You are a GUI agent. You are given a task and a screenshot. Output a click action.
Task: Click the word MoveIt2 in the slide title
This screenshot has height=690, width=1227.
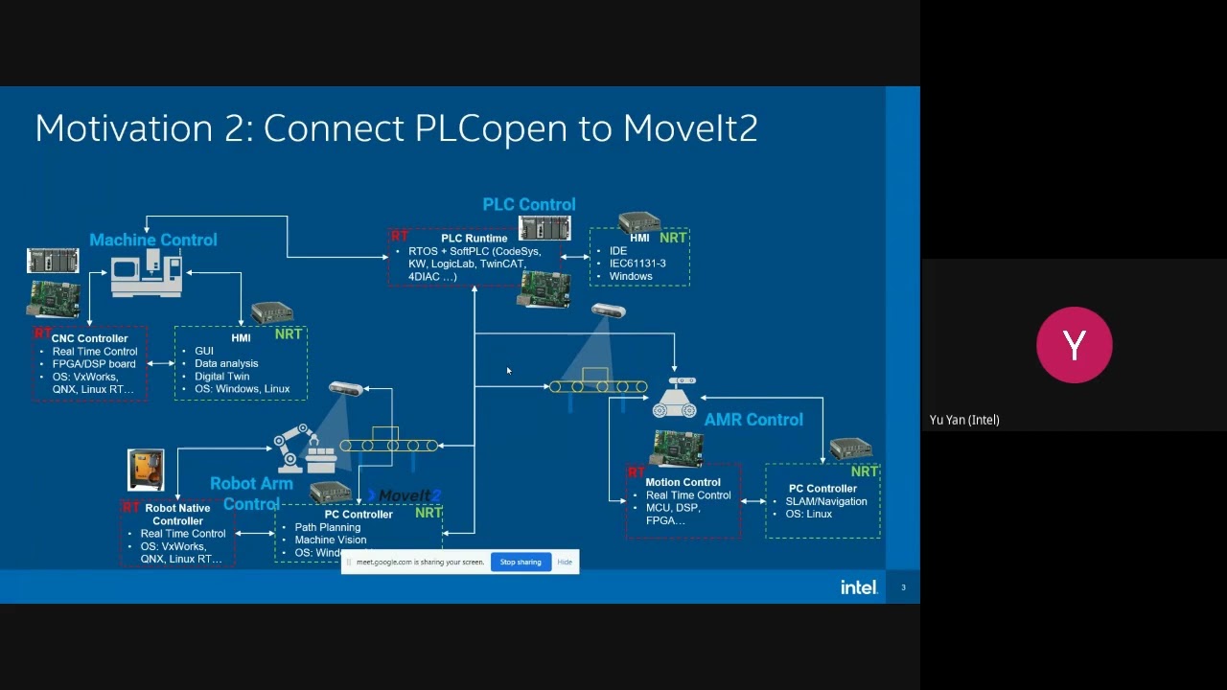tap(690, 128)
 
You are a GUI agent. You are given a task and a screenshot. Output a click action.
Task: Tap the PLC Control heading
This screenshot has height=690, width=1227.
tap(529, 204)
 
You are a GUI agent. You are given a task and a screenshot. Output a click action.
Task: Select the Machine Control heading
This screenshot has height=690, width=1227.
tap(153, 240)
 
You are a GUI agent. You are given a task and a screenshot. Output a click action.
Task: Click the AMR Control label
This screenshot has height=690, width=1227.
tap(753, 420)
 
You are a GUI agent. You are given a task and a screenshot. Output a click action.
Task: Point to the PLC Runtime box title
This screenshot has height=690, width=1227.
tap(474, 239)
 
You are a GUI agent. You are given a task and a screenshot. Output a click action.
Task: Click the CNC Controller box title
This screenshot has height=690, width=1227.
tap(89, 338)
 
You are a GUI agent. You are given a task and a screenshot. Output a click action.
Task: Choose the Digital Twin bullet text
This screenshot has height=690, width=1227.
tap(221, 377)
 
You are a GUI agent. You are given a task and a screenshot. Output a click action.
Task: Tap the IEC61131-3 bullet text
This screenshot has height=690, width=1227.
tap(637, 264)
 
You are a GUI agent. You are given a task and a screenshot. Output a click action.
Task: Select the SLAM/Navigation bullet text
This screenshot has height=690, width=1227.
tap(825, 501)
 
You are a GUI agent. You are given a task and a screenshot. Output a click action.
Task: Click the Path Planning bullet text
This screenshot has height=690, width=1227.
tap(327, 527)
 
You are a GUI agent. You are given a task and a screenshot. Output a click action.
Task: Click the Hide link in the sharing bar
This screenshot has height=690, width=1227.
tap(565, 563)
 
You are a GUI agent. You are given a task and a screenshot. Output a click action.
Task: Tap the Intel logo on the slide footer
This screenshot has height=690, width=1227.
tap(858, 587)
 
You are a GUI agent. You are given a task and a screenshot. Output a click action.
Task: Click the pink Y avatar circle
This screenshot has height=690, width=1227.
tap(1074, 345)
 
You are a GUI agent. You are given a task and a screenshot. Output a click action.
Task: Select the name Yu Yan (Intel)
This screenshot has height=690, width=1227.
tap(964, 420)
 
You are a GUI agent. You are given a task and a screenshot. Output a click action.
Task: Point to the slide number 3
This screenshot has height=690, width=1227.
tap(903, 587)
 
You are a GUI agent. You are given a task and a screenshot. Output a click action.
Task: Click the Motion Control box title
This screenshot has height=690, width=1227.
tap(683, 482)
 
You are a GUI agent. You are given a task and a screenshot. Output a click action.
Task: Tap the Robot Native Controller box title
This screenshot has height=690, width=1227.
tap(177, 515)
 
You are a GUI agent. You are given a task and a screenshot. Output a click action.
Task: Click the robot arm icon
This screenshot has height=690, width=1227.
tap(297, 448)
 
